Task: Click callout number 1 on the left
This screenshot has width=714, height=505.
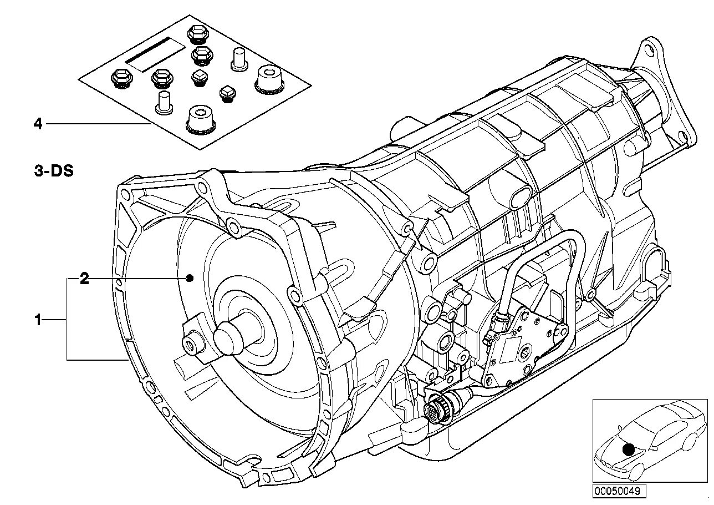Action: pyautogui.click(x=38, y=320)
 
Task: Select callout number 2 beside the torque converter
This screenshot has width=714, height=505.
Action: pyautogui.click(x=84, y=279)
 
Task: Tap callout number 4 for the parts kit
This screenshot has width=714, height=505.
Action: pyautogui.click(x=38, y=124)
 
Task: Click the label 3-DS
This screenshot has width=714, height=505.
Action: pyautogui.click(x=53, y=171)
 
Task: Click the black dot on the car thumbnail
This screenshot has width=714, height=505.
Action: pyautogui.click(x=628, y=450)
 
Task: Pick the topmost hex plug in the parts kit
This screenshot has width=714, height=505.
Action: pyautogui.click(x=196, y=35)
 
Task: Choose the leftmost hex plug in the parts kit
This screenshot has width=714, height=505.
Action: pyautogui.click(x=120, y=79)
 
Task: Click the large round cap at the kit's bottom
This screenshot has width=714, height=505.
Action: pyautogui.click(x=200, y=119)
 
